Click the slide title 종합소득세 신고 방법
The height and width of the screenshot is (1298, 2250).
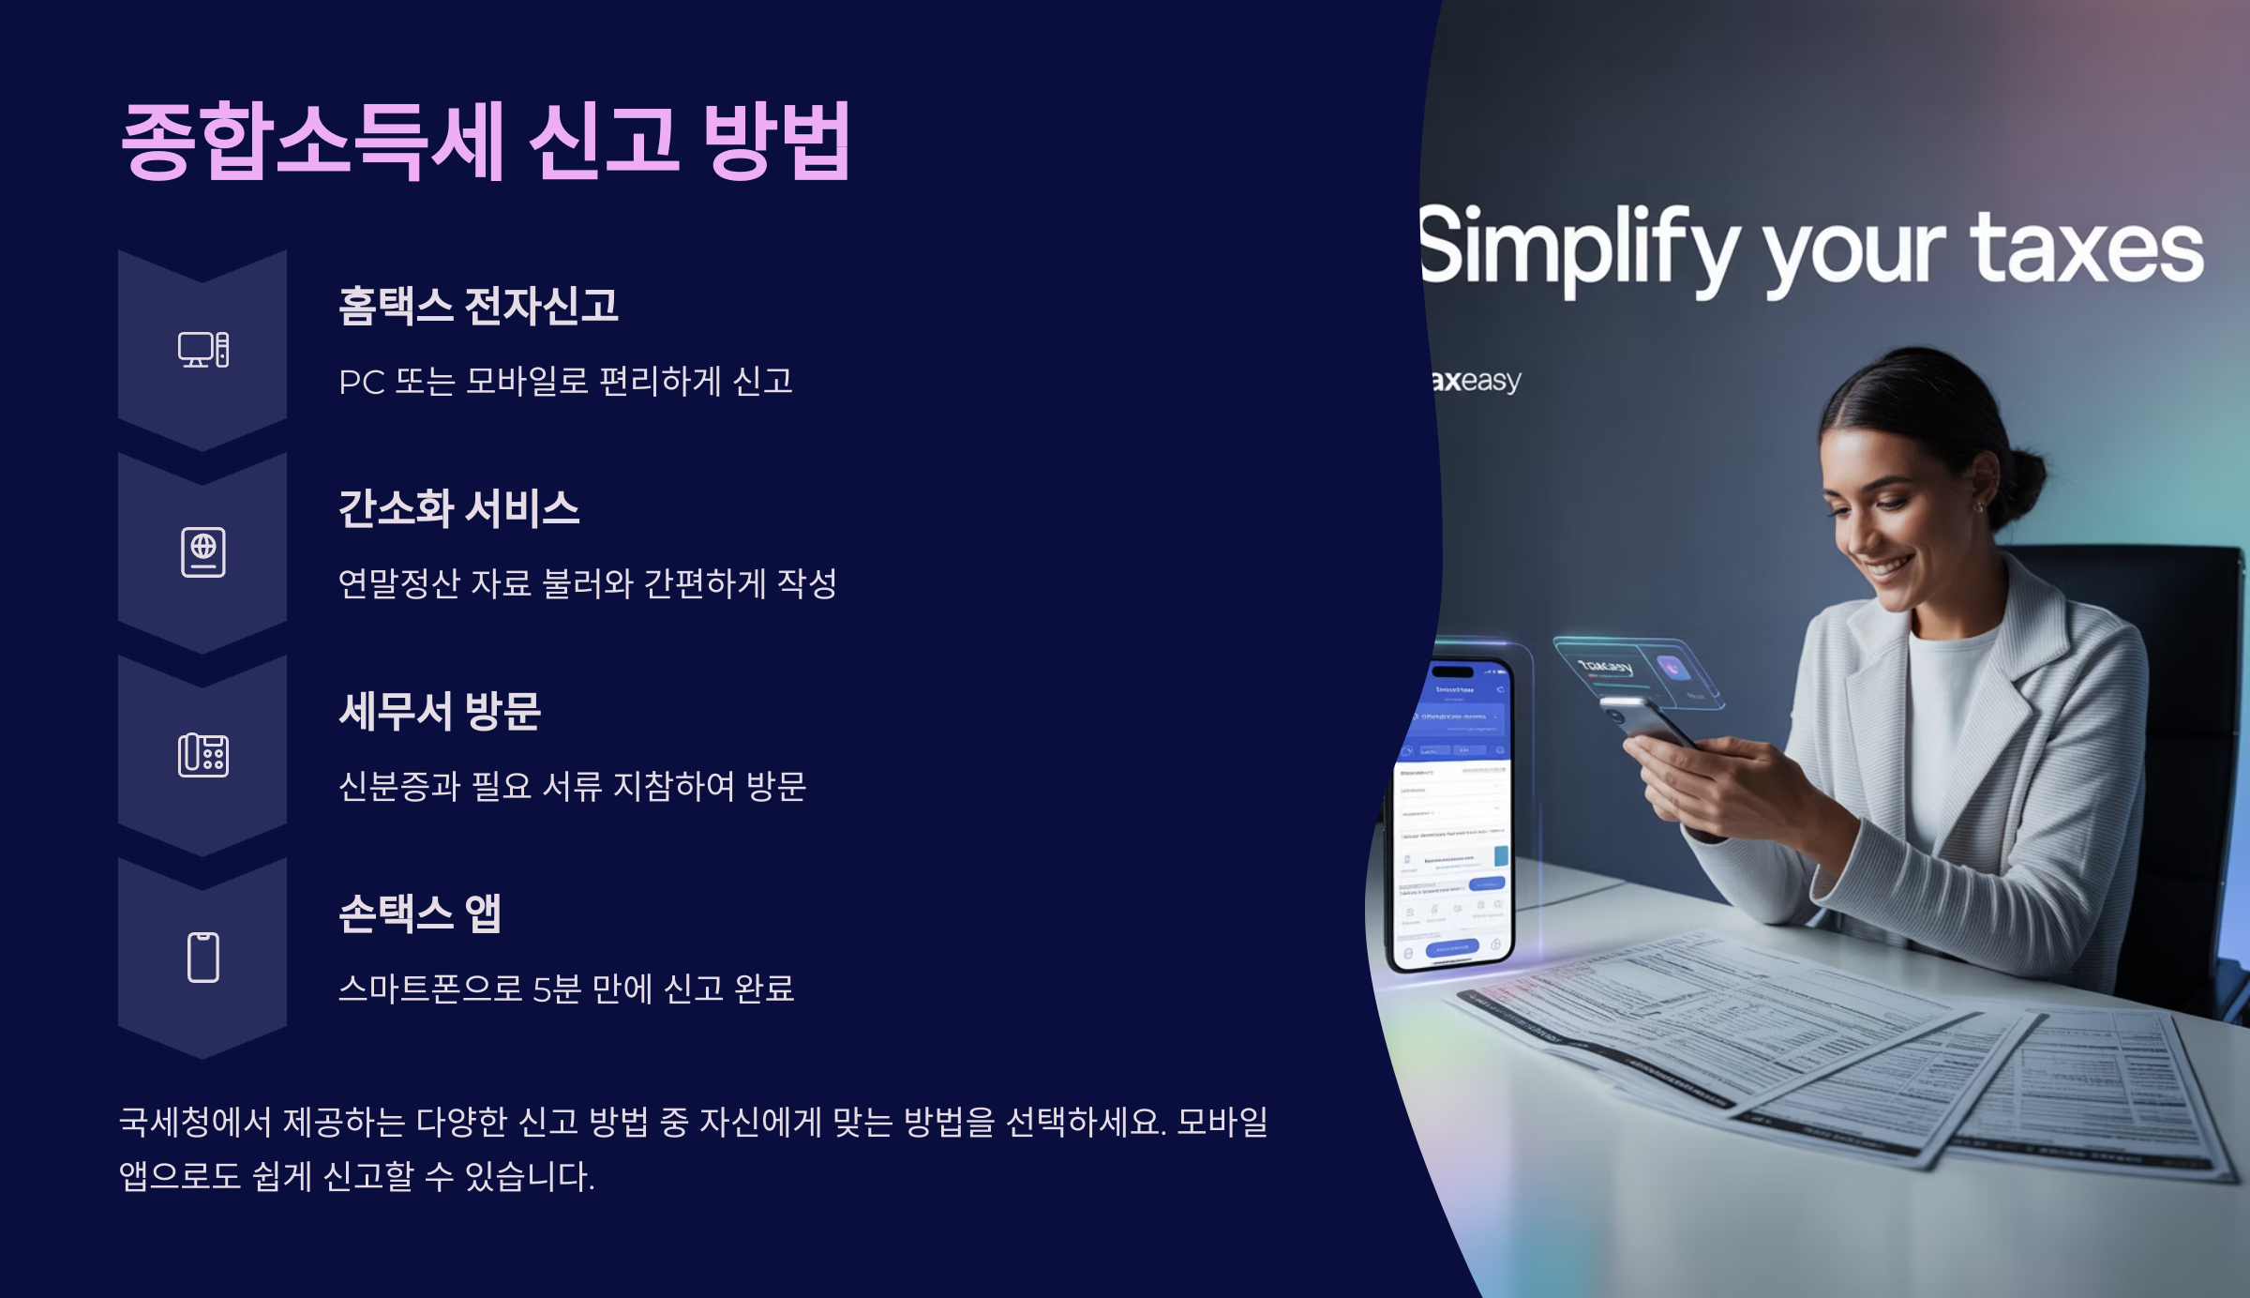(486, 141)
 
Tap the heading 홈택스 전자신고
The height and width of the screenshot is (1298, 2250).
(478, 306)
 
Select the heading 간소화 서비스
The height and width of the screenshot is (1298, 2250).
(458, 508)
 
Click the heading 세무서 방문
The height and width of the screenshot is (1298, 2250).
(440, 711)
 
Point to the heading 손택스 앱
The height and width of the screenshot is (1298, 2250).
(419, 913)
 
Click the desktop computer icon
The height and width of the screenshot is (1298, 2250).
(203, 350)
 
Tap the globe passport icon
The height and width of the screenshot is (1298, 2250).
(203, 552)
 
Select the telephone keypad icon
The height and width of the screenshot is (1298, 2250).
(203, 755)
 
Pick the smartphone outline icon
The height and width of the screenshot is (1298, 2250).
(203, 958)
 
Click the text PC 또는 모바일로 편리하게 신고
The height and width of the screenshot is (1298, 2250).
(565, 382)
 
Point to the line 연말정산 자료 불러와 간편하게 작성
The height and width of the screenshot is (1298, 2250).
(587, 584)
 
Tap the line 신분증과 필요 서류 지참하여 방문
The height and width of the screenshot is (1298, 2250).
(572, 787)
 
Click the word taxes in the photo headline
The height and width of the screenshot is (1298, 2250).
(2086, 249)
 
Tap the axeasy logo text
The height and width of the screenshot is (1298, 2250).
(1477, 381)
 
